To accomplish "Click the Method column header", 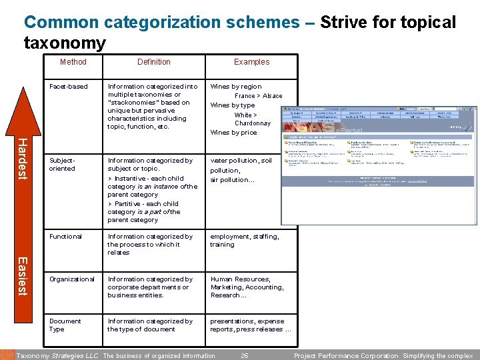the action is coord(73,62).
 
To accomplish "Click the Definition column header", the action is coord(154,62).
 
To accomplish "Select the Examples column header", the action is coord(251,62).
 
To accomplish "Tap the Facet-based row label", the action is coord(69,87).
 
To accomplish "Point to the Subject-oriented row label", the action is coord(63,165).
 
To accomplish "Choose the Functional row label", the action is coord(65,237).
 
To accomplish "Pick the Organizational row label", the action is coord(71,279).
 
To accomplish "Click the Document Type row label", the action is coord(65,325).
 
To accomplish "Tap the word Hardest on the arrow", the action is coord(21,158).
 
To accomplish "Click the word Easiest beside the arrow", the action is coord(21,276).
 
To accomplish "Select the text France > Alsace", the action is coord(258,96).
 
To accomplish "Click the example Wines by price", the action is coord(233,133).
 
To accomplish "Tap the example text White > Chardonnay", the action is coord(252,119).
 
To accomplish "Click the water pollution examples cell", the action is coord(241,170).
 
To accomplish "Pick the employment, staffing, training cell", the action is coord(245,241).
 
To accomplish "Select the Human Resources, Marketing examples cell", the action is coord(247,287).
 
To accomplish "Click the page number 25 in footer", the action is coord(244,356).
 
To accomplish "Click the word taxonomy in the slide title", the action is coord(65,44).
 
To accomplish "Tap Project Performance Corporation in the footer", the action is coord(345,356).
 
